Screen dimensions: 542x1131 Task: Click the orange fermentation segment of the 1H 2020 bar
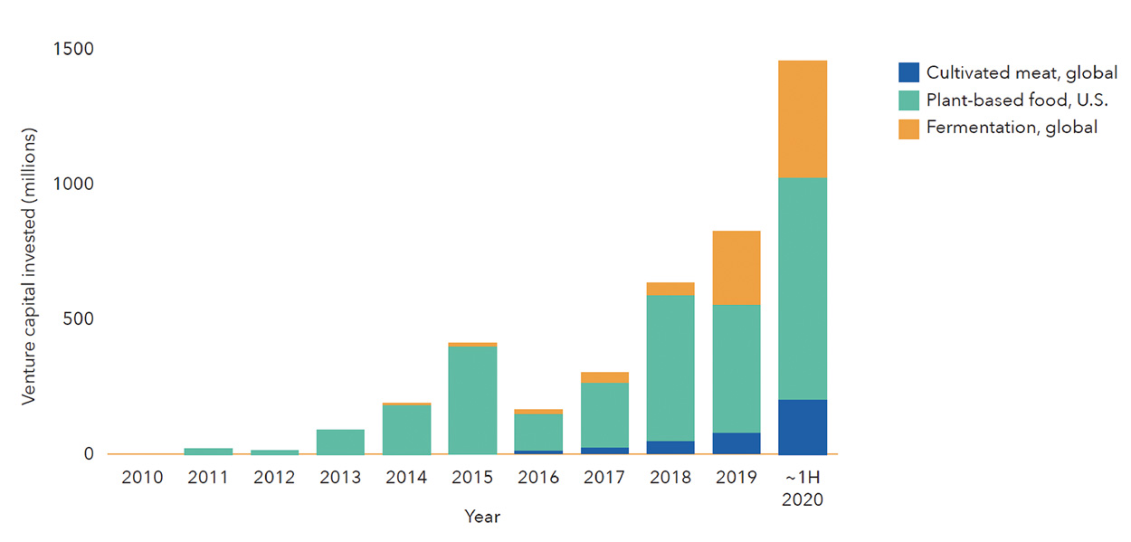pyautogui.click(x=803, y=119)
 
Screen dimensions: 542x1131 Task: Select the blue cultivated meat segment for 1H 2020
pyautogui.click(x=803, y=426)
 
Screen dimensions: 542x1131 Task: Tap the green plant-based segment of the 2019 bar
pyautogui.click(x=736, y=368)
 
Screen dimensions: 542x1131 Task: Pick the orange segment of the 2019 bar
pyautogui.click(x=736, y=268)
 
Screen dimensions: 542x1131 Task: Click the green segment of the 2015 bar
pyautogui.click(x=472, y=400)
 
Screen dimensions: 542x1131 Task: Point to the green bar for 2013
pyautogui.click(x=340, y=442)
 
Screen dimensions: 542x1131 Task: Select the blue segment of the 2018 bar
pyautogui.click(x=670, y=447)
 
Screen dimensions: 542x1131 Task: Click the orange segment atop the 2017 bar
pyautogui.click(x=604, y=377)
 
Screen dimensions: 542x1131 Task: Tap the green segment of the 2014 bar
pyautogui.click(x=406, y=429)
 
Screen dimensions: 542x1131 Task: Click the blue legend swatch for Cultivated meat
pyautogui.click(x=908, y=72)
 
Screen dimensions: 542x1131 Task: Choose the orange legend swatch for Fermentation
pyautogui.click(x=908, y=128)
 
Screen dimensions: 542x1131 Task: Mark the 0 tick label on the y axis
pyautogui.click(x=89, y=453)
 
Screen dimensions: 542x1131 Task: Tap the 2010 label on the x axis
pyautogui.click(x=142, y=477)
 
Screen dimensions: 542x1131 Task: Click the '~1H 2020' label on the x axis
pyautogui.click(x=803, y=487)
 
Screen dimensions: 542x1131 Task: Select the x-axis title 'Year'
pyautogui.click(x=482, y=517)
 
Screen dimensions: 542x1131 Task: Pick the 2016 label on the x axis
pyautogui.click(x=538, y=477)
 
